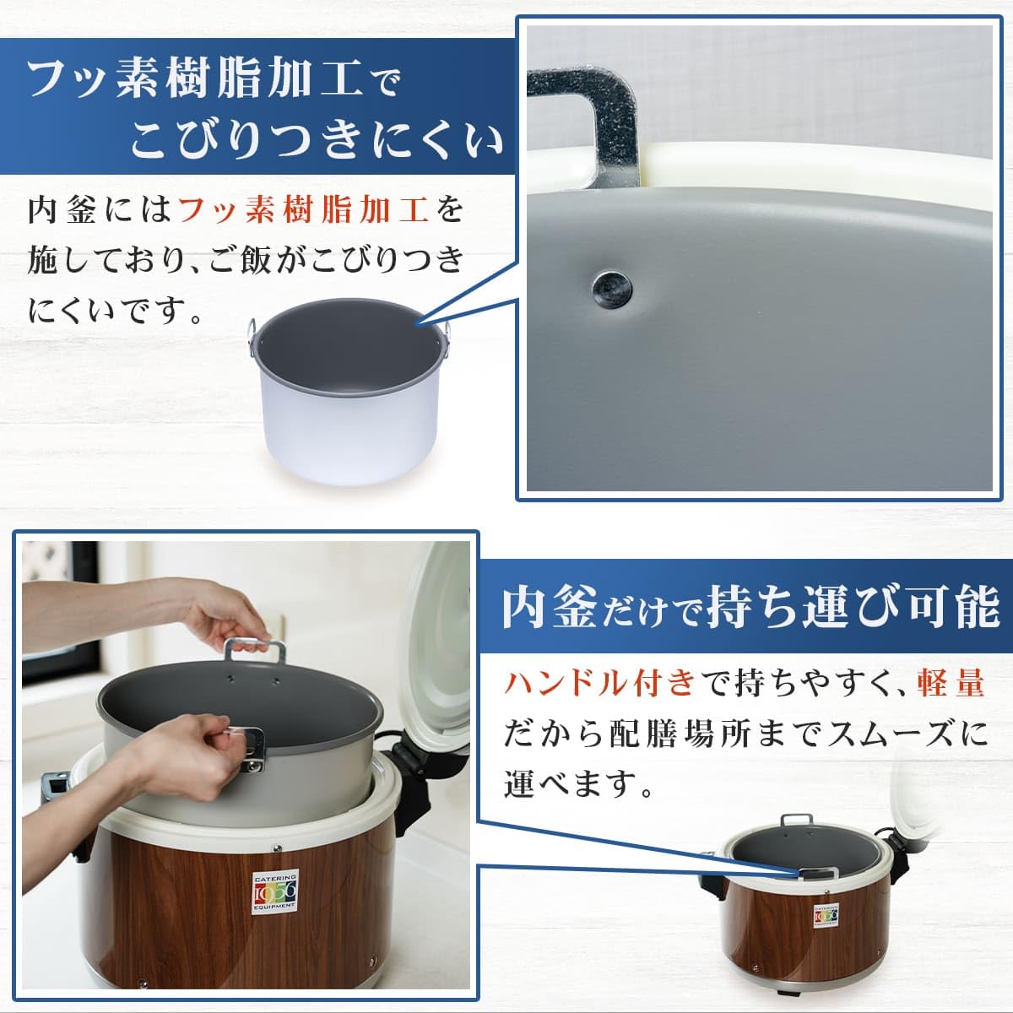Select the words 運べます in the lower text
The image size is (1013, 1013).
point(566,783)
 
